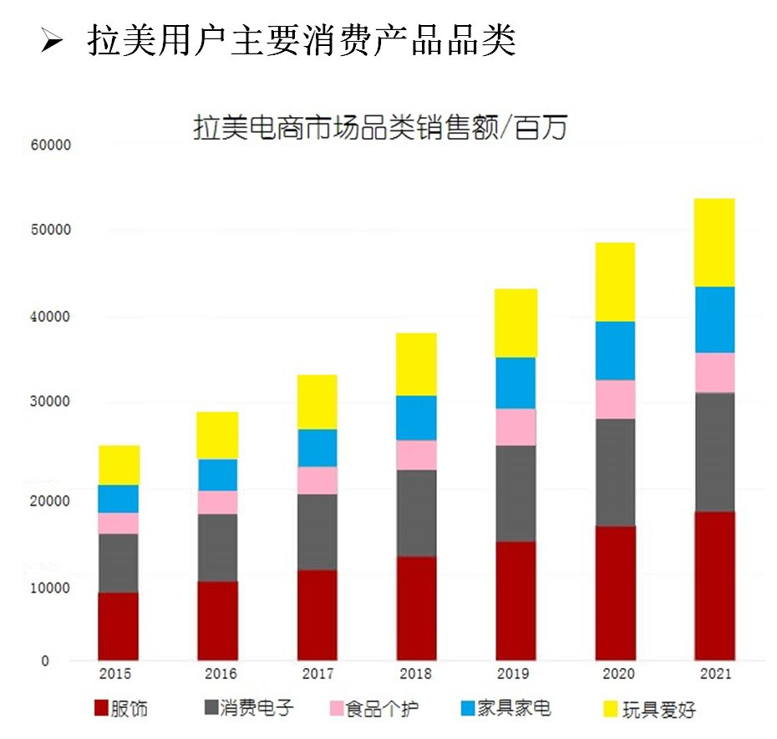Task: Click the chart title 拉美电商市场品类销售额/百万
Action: pos(379,129)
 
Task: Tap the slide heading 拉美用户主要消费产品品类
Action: pos(301,39)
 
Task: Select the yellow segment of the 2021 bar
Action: pos(714,242)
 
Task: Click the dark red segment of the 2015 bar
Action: pos(119,626)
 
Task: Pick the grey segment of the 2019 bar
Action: pos(515,493)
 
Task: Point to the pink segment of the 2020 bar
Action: pos(615,400)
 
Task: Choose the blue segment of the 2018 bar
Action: pos(416,418)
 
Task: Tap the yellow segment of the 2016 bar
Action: pos(217,435)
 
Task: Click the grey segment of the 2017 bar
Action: pos(317,532)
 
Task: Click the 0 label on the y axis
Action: pos(45,661)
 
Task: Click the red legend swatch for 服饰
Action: pos(101,709)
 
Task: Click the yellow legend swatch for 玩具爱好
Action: pos(610,709)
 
